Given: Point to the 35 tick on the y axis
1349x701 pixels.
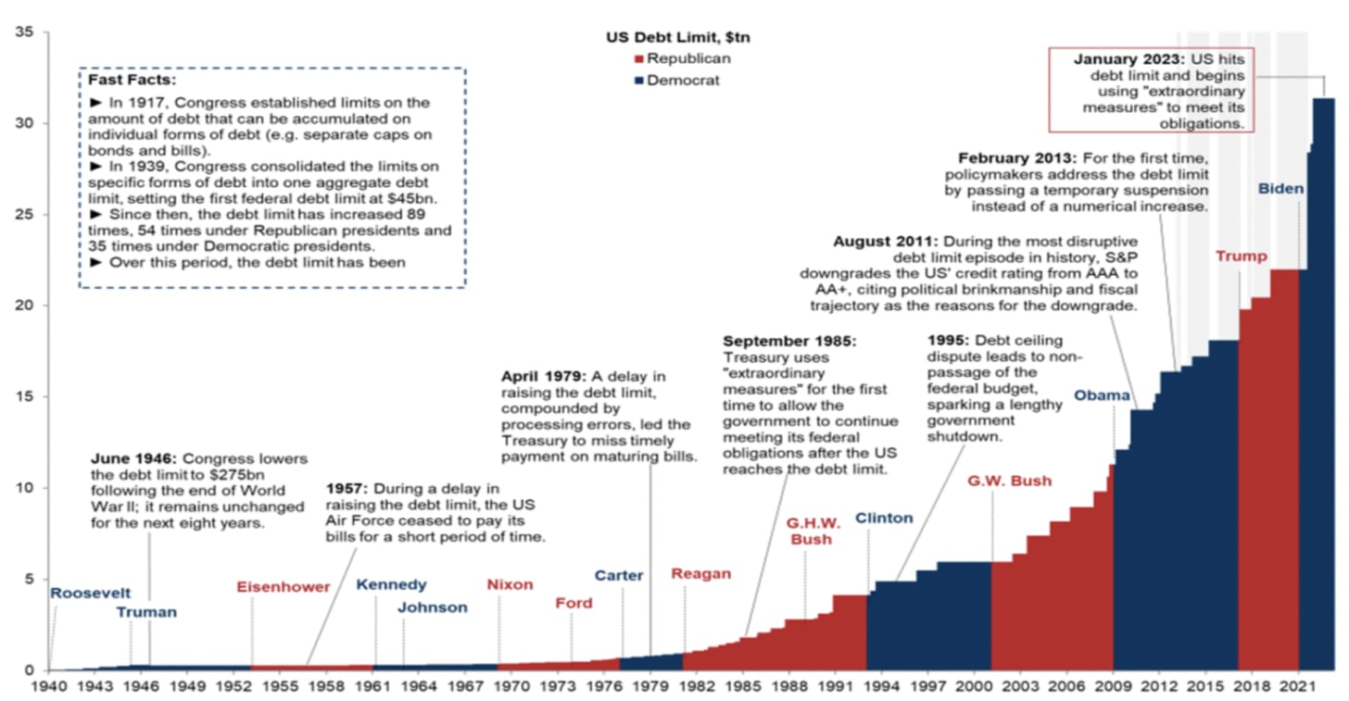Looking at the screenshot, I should pos(24,32).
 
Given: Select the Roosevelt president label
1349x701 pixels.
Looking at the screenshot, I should pos(91,594).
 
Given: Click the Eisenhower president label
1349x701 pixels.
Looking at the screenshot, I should pos(283,587).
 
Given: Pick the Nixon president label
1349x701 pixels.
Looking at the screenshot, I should pos(510,585).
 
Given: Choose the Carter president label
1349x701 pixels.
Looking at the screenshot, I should pos(619,576).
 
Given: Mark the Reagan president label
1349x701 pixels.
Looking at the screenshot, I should pos(700,574).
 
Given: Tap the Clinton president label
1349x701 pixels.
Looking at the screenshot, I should pos(884,519).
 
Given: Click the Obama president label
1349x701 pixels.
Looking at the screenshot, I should pos(1102,396).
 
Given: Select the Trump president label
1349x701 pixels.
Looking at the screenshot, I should pos(1241,257).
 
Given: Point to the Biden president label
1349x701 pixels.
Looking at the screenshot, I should pos(1281,189).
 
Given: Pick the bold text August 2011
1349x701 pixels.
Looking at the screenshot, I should pos(884,243).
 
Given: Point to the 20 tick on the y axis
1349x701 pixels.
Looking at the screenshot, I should pos(24,306).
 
